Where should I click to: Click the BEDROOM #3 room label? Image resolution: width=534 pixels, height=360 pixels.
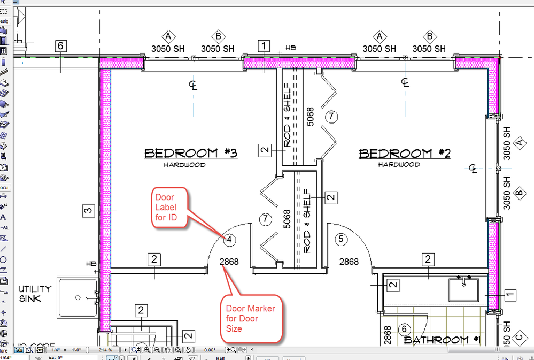click(x=191, y=154)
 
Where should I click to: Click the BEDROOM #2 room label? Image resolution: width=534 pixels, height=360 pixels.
click(x=405, y=154)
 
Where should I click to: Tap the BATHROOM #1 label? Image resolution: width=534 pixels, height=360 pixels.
click(x=442, y=340)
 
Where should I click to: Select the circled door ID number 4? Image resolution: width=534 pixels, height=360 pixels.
click(x=228, y=240)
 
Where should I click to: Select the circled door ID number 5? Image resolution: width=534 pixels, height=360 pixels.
click(x=342, y=239)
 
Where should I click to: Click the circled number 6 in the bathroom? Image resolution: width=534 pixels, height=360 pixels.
click(x=404, y=329)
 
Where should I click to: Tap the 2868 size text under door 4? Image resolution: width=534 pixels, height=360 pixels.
click(x=229, y=262)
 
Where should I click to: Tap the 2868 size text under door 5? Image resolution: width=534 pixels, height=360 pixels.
click(x=349, y=262)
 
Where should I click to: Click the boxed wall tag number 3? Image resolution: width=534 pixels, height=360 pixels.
click(x=88, y=211)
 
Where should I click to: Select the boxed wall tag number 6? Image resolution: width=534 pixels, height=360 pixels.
click(x=61, y=46)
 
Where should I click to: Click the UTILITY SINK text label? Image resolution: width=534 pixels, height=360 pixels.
click(x=35, y=294)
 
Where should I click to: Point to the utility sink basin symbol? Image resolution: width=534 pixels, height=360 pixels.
click(x=78, y=297)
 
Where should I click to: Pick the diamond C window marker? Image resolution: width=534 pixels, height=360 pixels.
click(x=518, y=337)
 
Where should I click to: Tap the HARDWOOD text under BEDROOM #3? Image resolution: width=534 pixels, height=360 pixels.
click(x=184, y=165)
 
